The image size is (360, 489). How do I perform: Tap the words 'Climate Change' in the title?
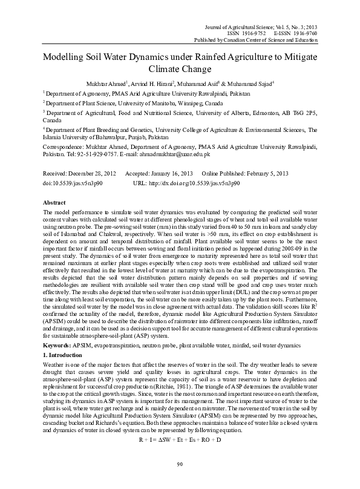[x=180, y=70]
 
